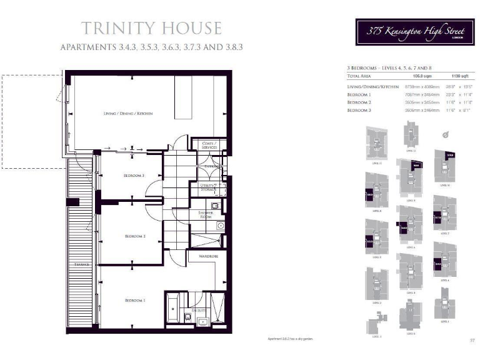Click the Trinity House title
point(151,27)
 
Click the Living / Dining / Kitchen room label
point(128,113)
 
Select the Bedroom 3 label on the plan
point(134,176)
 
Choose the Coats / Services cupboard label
point(209,145)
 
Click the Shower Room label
point(206,214)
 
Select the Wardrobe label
point(208,256)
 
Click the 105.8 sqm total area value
point(397,75)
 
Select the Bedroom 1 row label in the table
point(360,94)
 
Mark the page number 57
point(472,340)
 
